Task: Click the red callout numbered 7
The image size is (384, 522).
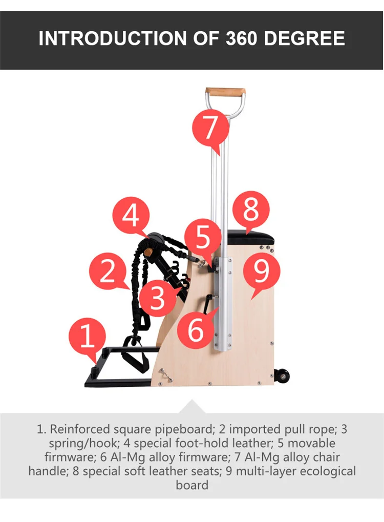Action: click(210, 128)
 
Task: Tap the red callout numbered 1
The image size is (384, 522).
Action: click(87, 336)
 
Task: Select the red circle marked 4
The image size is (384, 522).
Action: click(131, 215)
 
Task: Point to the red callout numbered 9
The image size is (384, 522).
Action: click(262, 272)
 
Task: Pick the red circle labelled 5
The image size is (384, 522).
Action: click(203, 237)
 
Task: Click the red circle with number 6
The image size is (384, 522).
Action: click(195, 329)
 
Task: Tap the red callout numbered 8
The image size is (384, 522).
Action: click(251, 210)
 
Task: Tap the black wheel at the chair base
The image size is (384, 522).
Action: click(282, 377)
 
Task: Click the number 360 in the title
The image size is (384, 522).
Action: click(242, 38)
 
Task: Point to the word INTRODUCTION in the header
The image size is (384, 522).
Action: click(113, 38)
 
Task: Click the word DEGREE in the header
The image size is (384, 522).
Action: click(305, 38)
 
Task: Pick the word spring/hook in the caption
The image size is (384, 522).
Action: click(83, 444)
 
